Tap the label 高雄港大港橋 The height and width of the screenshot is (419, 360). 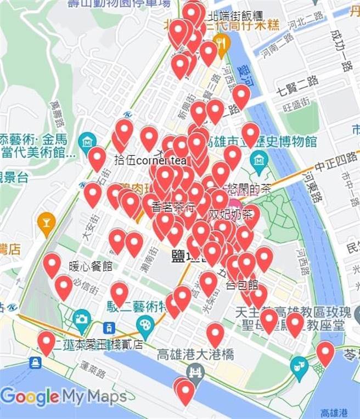tap(195, 354)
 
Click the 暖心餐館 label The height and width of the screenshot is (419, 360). tap(91, 267)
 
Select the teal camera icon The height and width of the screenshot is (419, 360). tap(82, 318)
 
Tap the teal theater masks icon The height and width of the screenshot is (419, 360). tap(300, 363)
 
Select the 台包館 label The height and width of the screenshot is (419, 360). tap(242, 285)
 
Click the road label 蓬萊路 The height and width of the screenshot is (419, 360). tap(93, 369)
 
